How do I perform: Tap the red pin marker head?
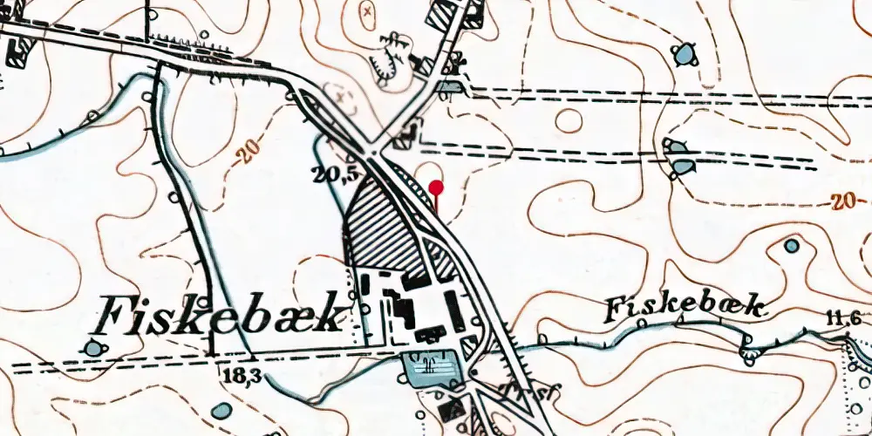437,187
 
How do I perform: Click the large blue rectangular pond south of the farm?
429,368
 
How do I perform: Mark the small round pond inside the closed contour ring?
791,246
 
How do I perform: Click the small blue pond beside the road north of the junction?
451,86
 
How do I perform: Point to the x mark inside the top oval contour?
367,10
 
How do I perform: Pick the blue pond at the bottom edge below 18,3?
222,410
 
